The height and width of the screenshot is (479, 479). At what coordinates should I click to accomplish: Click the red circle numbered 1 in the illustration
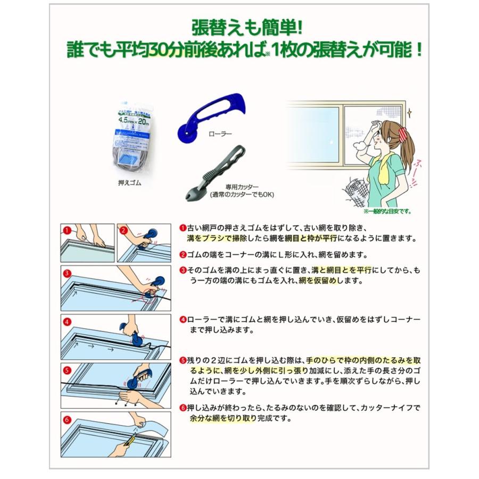click(x=67, y=230)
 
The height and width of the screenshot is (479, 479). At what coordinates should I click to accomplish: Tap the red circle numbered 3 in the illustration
click(x=67, y=274)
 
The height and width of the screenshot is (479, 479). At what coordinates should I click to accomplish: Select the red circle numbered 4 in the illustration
click(x=67, y=321)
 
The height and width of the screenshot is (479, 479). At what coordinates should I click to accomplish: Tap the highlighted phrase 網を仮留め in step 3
click(x=321, y=280)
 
